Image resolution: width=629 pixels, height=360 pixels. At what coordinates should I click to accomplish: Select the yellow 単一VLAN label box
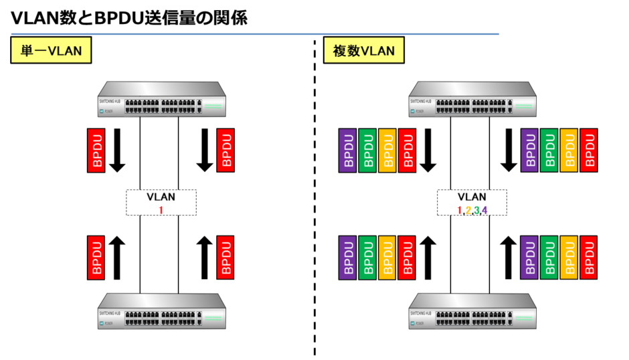coord(51,51)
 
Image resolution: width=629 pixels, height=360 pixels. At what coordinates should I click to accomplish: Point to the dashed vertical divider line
coord(314,201)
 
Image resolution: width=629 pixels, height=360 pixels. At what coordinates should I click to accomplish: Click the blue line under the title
coord(254,33)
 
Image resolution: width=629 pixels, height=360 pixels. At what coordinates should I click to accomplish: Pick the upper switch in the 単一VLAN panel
coord(161,99)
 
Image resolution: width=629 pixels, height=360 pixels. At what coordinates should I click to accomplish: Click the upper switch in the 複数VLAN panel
coord(472,99)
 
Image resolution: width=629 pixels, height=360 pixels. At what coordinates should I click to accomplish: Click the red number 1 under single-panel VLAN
coord(161,210)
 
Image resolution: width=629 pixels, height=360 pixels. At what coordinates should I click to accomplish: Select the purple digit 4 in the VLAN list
coord(484,211)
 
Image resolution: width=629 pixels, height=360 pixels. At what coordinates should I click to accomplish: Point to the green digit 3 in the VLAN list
coord(476,211)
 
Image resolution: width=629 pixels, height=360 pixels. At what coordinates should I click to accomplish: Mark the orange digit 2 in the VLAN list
coord(468,211)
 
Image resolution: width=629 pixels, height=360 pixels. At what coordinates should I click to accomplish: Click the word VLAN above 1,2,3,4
coord(472,197)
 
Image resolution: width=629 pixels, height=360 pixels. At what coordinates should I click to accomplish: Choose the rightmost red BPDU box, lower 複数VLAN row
coord(589,257)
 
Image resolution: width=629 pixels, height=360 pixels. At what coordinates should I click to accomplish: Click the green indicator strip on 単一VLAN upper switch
coord(213,106)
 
